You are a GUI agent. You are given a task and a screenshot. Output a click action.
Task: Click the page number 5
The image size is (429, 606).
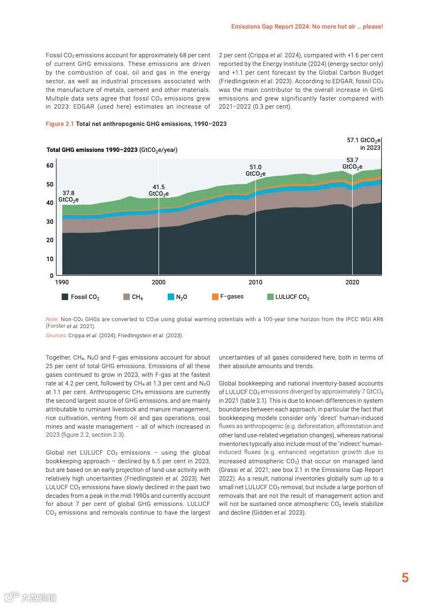(405, 578)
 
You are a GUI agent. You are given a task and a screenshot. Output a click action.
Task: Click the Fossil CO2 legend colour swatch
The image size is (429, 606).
(65, 297)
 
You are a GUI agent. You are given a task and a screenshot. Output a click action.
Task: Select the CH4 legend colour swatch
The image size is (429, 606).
(127, 297)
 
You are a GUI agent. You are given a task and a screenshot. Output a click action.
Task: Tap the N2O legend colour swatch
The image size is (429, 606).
(171, 297)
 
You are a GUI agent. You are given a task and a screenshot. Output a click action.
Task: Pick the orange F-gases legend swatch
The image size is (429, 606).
(215, 297)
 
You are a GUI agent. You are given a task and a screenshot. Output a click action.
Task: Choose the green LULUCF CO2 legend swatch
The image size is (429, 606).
(270, 297)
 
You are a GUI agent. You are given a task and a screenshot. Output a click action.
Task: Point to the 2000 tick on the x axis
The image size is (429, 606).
(159, 282)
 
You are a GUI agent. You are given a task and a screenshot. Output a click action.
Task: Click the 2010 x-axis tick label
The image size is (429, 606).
(255, 282)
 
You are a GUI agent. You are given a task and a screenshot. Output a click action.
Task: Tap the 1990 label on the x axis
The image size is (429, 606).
(62, 282)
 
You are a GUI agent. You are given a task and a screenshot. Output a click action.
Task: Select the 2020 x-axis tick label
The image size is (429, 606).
(352, 282)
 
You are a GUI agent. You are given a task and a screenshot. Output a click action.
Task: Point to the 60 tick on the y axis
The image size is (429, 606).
(50, 165)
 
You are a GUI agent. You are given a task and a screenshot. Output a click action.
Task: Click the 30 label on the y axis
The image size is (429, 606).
(50, 222)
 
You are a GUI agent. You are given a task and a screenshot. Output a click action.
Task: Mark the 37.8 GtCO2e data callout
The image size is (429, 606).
(69, 196)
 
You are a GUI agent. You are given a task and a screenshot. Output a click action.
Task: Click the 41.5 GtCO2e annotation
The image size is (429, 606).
(159, 190)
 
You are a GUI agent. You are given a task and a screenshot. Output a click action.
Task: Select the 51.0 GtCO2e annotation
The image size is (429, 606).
(255, 170)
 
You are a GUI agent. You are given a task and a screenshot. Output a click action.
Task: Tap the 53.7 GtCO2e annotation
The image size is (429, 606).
(352, 163)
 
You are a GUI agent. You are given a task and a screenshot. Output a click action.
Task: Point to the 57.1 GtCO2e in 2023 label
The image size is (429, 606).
(364, 143)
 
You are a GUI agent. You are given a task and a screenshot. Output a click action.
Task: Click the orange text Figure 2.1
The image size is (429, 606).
(60, 124)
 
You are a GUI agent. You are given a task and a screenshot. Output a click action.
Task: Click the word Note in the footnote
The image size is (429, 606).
(52, 319)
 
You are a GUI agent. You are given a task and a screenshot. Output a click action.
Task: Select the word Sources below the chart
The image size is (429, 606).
(56, 335)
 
